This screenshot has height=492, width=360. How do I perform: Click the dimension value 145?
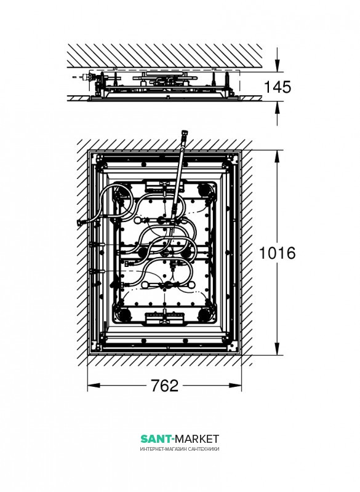click(x=278, y=87)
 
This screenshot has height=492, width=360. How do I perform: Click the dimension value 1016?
click(x=277, y=253)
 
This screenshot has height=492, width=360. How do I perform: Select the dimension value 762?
click(x=164, y=386)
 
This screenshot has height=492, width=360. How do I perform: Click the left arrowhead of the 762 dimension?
click(x=94, y=386)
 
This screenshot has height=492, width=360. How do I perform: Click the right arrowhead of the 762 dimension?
click(x=236, y=386)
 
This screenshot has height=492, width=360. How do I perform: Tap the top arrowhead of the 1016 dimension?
click(x=277, y=156)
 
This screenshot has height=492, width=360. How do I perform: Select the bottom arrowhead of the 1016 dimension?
click(x=277, y=349)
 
